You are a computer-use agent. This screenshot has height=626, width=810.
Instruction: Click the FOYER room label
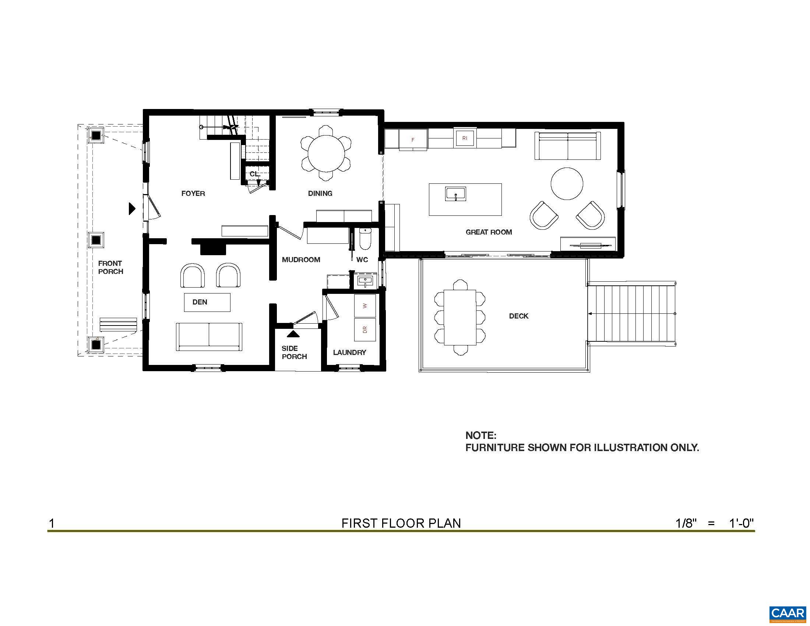pos(193,193)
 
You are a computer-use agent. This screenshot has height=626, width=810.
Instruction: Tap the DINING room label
pos(320,193)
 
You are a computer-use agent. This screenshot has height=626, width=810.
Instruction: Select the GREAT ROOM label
pos(489,232)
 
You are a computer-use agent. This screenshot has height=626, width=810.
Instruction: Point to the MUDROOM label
pos(301,260)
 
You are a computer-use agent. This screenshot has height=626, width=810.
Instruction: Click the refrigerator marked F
pos(413,140)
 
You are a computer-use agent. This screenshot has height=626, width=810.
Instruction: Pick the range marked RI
pos(465,138)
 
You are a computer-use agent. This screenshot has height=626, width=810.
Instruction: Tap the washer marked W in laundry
pos(365,306)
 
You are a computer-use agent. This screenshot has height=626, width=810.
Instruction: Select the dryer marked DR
pos(365,330)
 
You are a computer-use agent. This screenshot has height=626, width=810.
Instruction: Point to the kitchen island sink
pos(455,194)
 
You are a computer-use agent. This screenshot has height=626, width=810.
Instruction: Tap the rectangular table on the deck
pos(460,317)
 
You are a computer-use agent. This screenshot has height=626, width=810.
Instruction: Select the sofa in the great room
pos(567,146)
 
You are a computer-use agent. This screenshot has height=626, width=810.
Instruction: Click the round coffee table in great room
pos(567,184)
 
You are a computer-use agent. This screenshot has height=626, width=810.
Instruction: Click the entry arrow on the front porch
pos(132,208)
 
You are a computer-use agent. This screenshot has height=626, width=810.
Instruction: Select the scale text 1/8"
pos(686,523)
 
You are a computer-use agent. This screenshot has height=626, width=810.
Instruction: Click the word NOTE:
pos(480,435)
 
